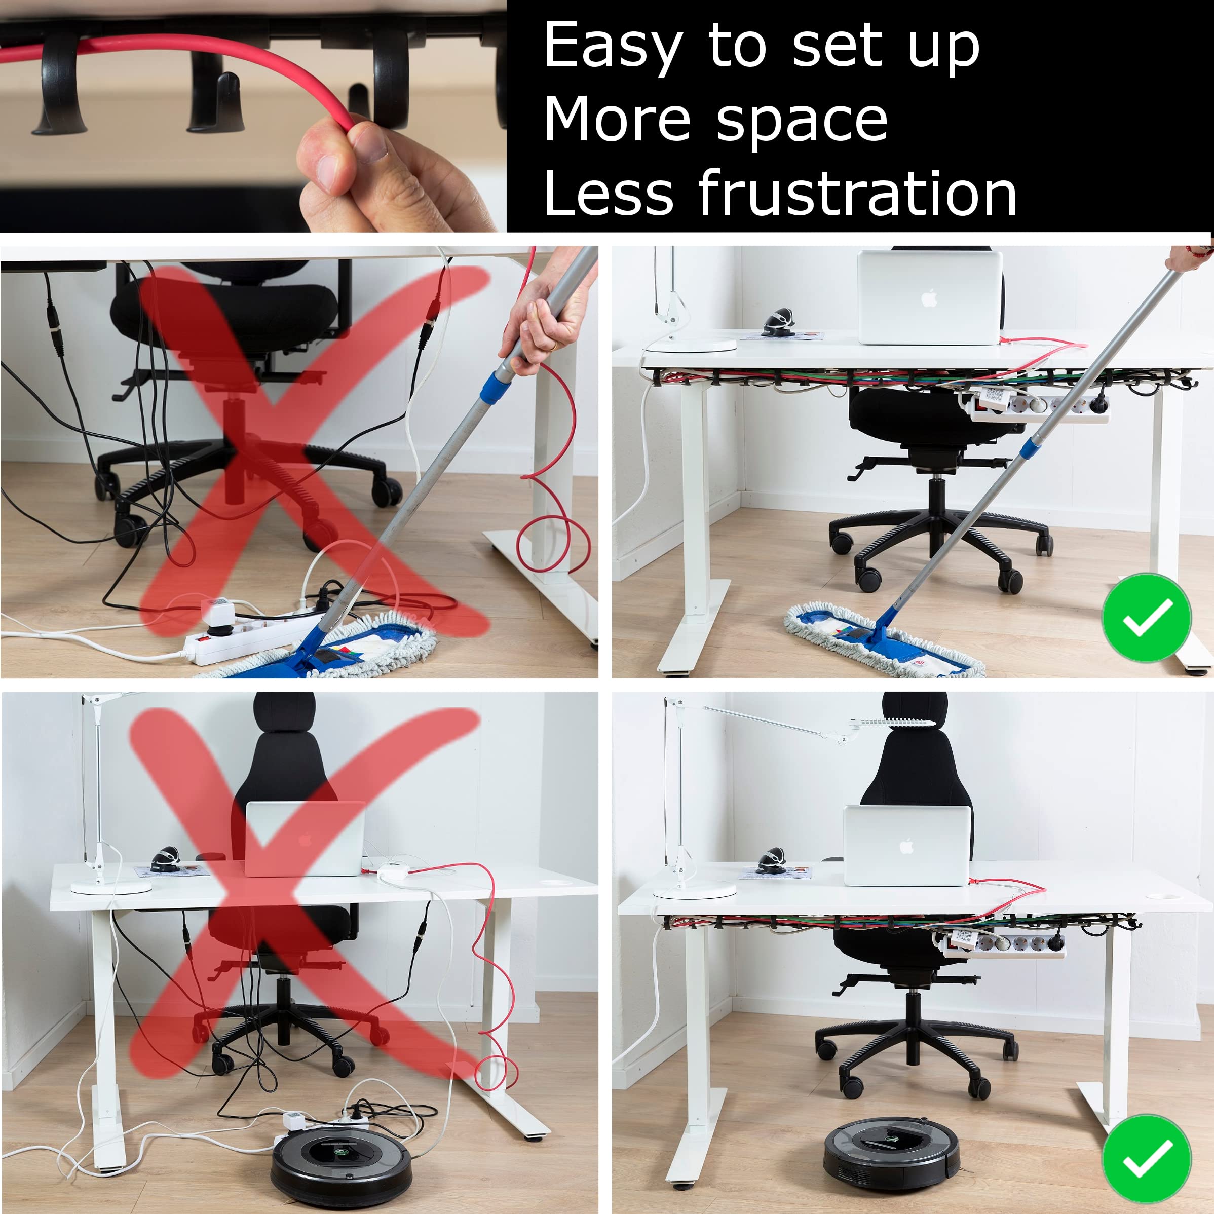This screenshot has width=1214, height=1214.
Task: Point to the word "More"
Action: click(x=617, y=120)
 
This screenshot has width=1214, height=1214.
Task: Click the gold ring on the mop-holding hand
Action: click(x=551, y=345)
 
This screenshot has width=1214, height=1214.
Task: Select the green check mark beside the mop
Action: click(x=1147, y=618)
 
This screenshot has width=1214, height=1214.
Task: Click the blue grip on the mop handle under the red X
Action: click(x=498, y=385)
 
